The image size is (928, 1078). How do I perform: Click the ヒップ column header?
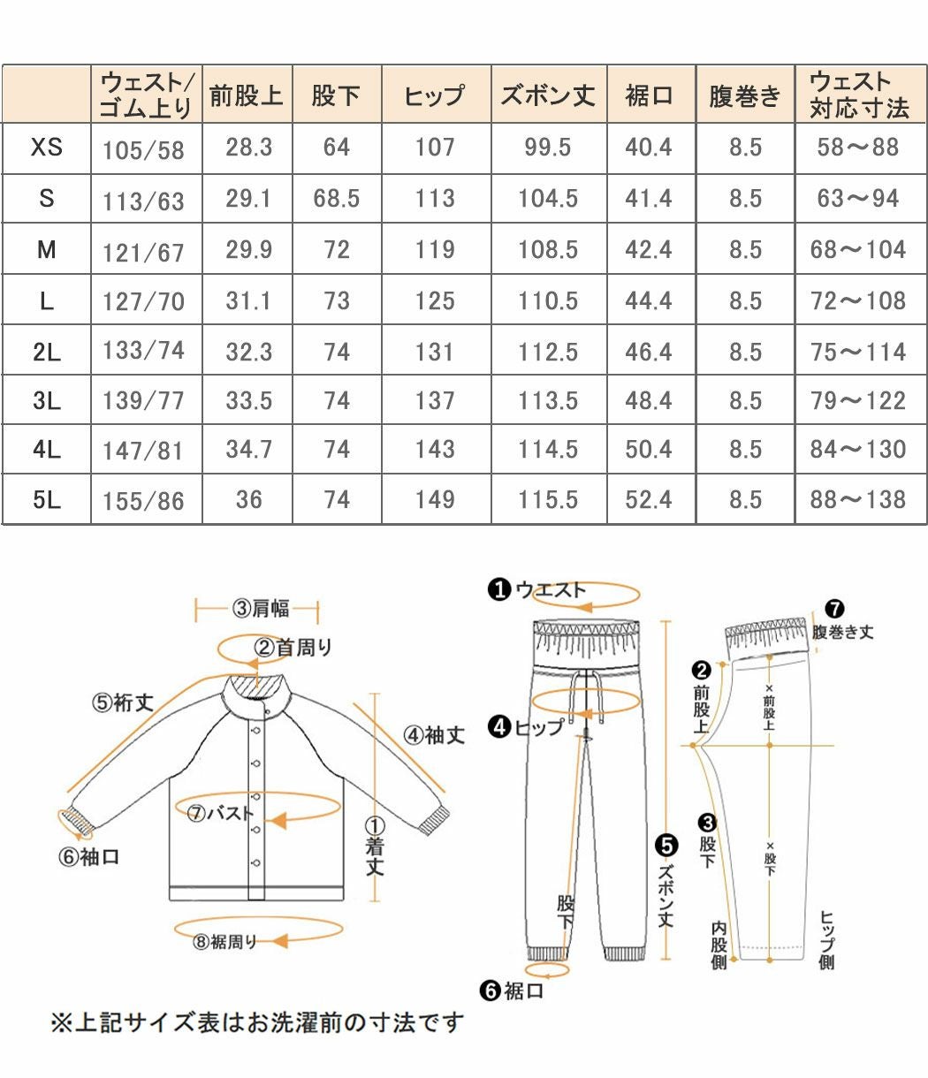[434, 95]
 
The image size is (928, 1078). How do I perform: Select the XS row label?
[46, 147]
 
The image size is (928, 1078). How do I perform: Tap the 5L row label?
[46, 499]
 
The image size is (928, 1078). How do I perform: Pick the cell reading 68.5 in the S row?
[336, 198]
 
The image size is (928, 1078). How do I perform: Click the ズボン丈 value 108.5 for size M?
[548, 249]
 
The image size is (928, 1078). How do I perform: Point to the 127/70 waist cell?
[143, 301]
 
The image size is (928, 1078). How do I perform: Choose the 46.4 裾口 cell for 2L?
[649, 352]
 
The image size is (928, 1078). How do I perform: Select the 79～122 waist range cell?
[857, 401]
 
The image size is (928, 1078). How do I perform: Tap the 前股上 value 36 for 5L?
[248, 499]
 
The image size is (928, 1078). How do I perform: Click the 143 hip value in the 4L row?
[435, 450]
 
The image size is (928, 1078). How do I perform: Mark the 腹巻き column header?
[745, 95]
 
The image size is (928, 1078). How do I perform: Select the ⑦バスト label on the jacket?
[220, 814]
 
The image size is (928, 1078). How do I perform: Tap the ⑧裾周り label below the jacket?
[224, 942]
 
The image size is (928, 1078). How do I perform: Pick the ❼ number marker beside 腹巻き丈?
[833, 609]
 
